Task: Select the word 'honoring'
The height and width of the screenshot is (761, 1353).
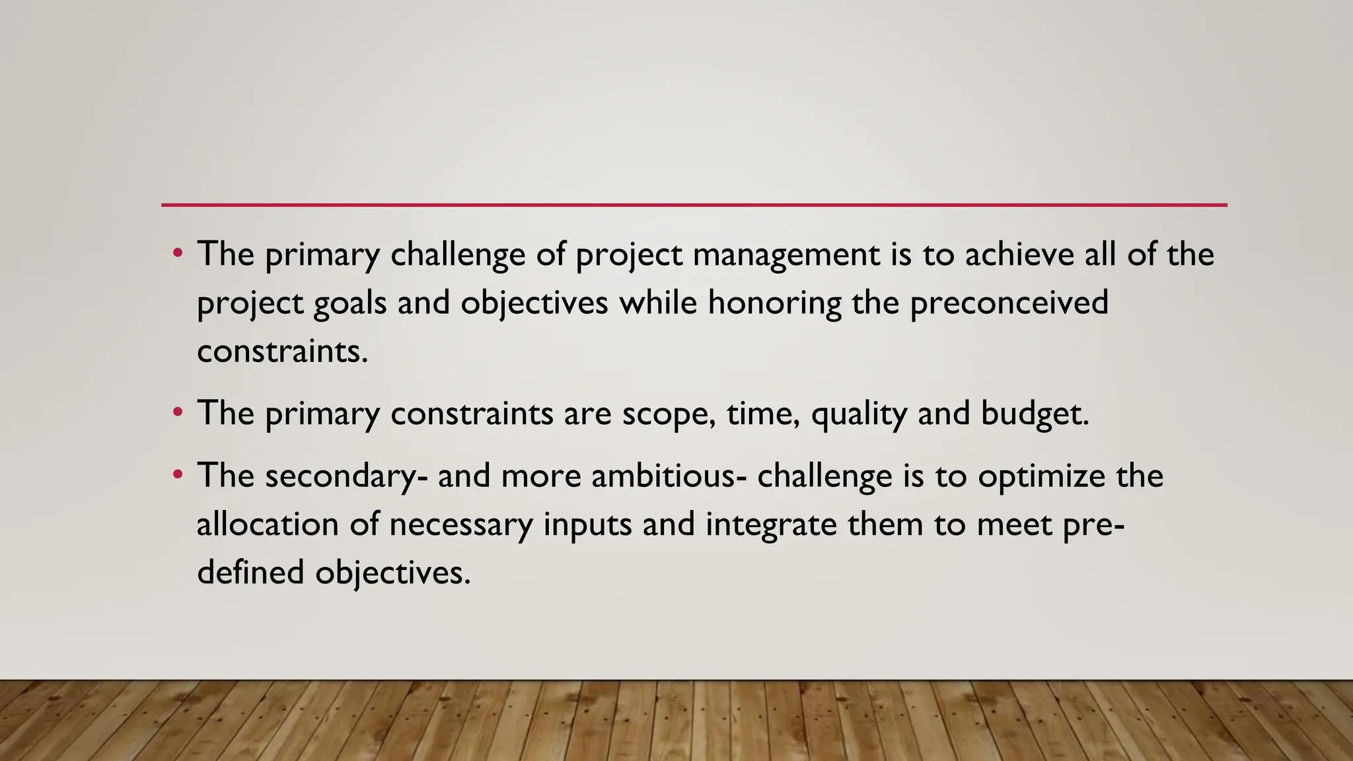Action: [774, 303]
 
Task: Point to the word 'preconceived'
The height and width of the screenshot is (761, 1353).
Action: [1009, 303]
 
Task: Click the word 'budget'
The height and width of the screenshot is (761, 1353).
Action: [1035, 415]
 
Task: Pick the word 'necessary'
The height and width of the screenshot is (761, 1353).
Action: [460, 526]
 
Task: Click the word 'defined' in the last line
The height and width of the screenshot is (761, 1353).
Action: [250, 572]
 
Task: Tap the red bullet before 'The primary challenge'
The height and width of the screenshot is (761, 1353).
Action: [177, 254]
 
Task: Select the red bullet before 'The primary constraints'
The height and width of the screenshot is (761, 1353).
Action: [177, 414]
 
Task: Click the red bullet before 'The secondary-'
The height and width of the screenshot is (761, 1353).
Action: [177, 476]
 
